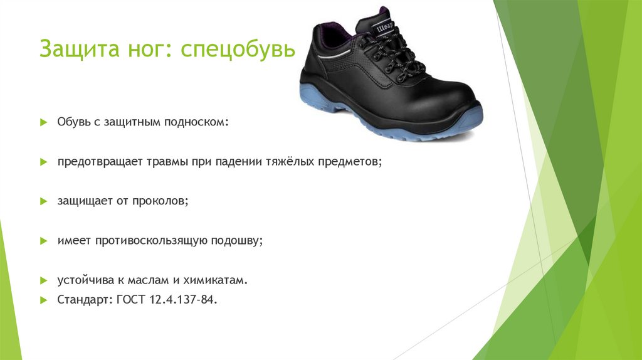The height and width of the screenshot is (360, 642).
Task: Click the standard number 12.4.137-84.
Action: click(183, 300)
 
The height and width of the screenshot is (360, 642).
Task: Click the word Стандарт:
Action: click(85, 300)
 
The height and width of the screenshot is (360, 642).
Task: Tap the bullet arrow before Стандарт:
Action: click(43, 300)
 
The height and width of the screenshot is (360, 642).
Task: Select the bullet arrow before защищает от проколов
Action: click(43, 202)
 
